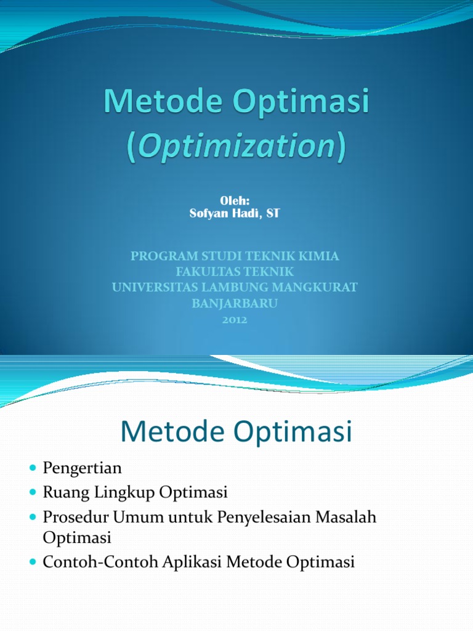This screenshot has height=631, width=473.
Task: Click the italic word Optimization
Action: click(x=236, y=147)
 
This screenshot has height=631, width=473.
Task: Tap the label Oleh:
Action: click(x=235, y=201)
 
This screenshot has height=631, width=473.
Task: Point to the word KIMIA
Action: click(x=318, y=256)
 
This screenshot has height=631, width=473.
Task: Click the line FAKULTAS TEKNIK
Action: click(x=235, y=272)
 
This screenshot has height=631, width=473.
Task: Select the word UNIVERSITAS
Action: click(x=150, y=287)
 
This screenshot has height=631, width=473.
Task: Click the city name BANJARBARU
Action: click(x=235, y=304)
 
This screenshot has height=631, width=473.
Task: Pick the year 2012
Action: click(x=235, y=320)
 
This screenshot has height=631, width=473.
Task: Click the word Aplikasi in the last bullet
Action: click(x=196, y=562)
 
